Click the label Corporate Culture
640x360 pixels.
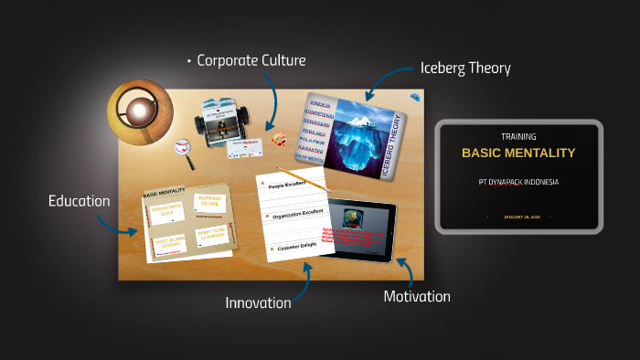click(251, 60)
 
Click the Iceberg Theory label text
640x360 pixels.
click(464, 69)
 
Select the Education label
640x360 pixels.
click(79, 200)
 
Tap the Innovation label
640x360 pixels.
click(258, 302)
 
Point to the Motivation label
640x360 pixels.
click(417, 296)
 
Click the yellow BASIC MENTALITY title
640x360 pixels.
click(518, 153)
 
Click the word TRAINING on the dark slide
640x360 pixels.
click(518, 136)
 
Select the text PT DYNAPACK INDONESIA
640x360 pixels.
click(518, 182)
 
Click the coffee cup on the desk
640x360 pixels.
click(138, 111)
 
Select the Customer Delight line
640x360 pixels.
click(295, 248)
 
